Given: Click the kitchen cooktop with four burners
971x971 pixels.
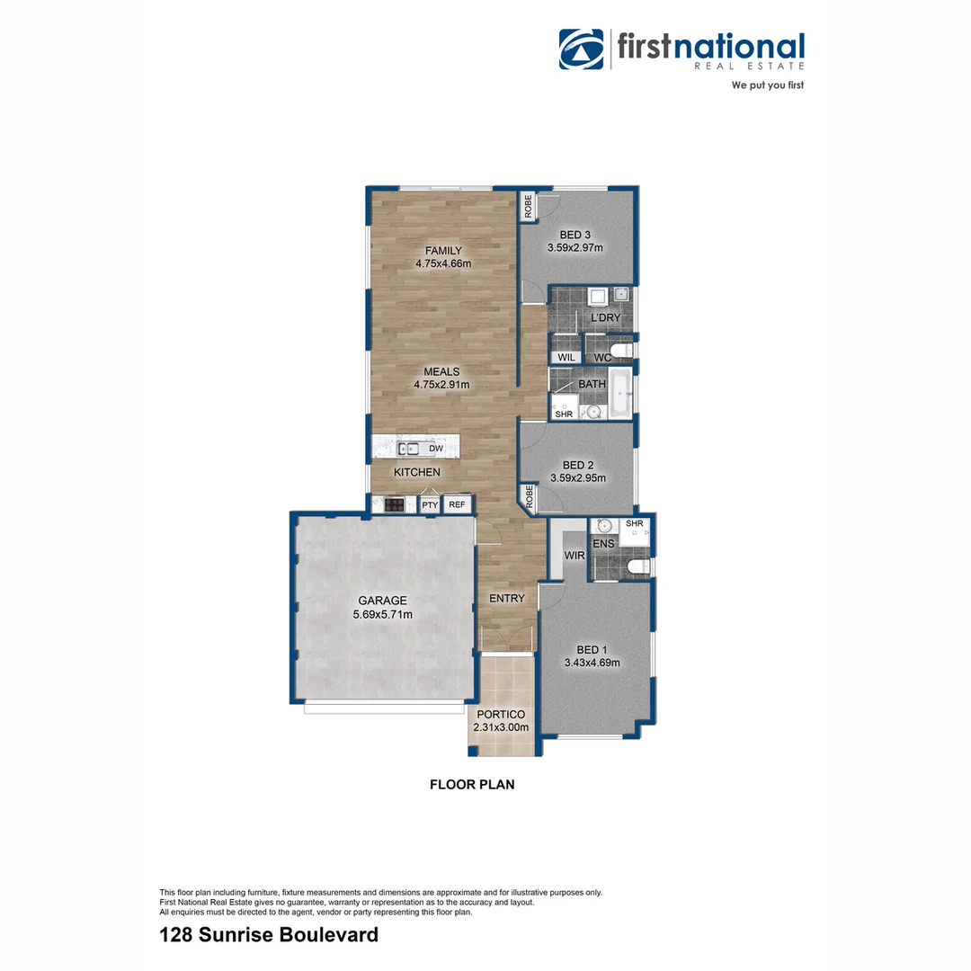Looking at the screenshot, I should click(394, 505).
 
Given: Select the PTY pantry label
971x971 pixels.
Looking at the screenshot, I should click(431, 505).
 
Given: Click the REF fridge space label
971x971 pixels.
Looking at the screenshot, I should click(457, 505).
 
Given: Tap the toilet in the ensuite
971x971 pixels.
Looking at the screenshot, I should click(637, 566).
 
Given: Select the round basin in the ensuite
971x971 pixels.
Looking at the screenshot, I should click(604, 526).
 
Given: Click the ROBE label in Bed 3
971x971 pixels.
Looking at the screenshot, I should click(529, 208).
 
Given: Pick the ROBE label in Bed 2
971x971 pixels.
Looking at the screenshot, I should click(530, 497).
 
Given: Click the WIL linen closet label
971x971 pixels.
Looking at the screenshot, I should click(566, 358).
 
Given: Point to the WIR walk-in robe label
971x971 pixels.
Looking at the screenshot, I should click(575, 557).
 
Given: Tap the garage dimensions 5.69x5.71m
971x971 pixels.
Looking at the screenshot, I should click(383, 615).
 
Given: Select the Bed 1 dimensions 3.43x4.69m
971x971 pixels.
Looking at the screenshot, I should click(592, 663).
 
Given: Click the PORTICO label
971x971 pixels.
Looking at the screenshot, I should click(501, 715).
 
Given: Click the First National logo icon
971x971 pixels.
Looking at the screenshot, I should click(582, 50).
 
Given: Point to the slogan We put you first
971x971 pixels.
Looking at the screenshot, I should click(767, 85).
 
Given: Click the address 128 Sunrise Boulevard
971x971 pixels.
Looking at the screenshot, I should click(268, 935).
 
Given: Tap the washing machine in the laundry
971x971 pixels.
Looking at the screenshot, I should click(598, 298).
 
